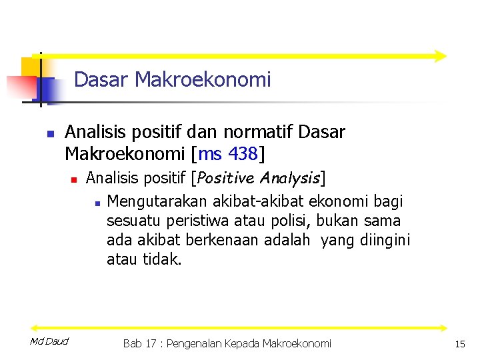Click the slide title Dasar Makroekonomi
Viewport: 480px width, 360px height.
[x=172, y=80]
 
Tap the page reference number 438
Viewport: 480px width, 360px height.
[x=243, y=154]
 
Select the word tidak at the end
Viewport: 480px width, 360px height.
[x=162, y=259]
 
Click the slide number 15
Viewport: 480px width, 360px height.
[x=459, y=344]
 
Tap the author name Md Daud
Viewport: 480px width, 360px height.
[x=49, y=342]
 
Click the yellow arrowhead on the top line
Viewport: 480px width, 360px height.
[x=440, y=56]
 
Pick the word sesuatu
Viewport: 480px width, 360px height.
[x=129, y=221]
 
